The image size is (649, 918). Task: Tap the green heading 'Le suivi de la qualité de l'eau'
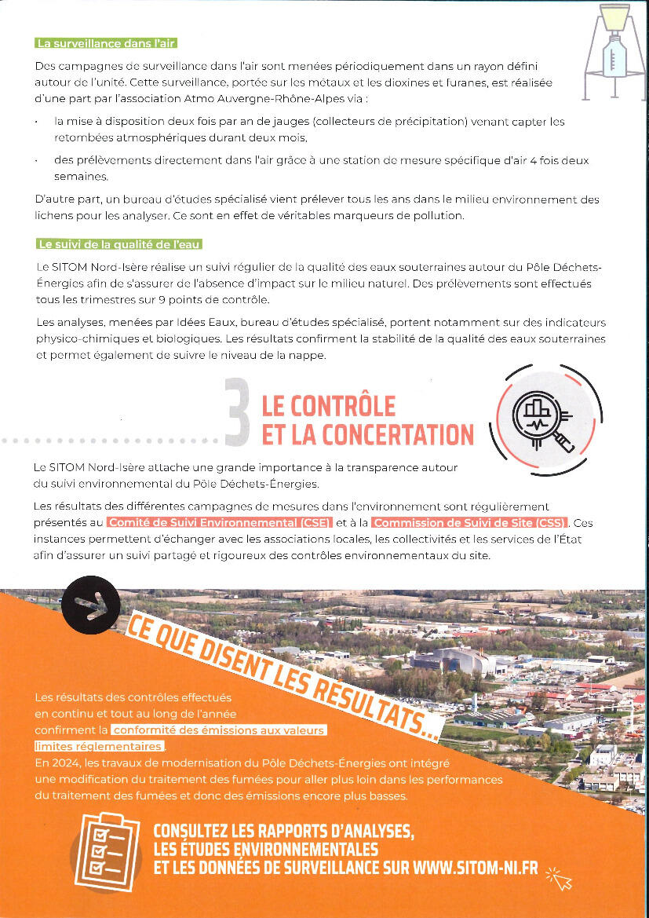(119, 244)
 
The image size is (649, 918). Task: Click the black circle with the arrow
(91, 605)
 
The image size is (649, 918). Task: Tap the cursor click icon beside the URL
(560, 878)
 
